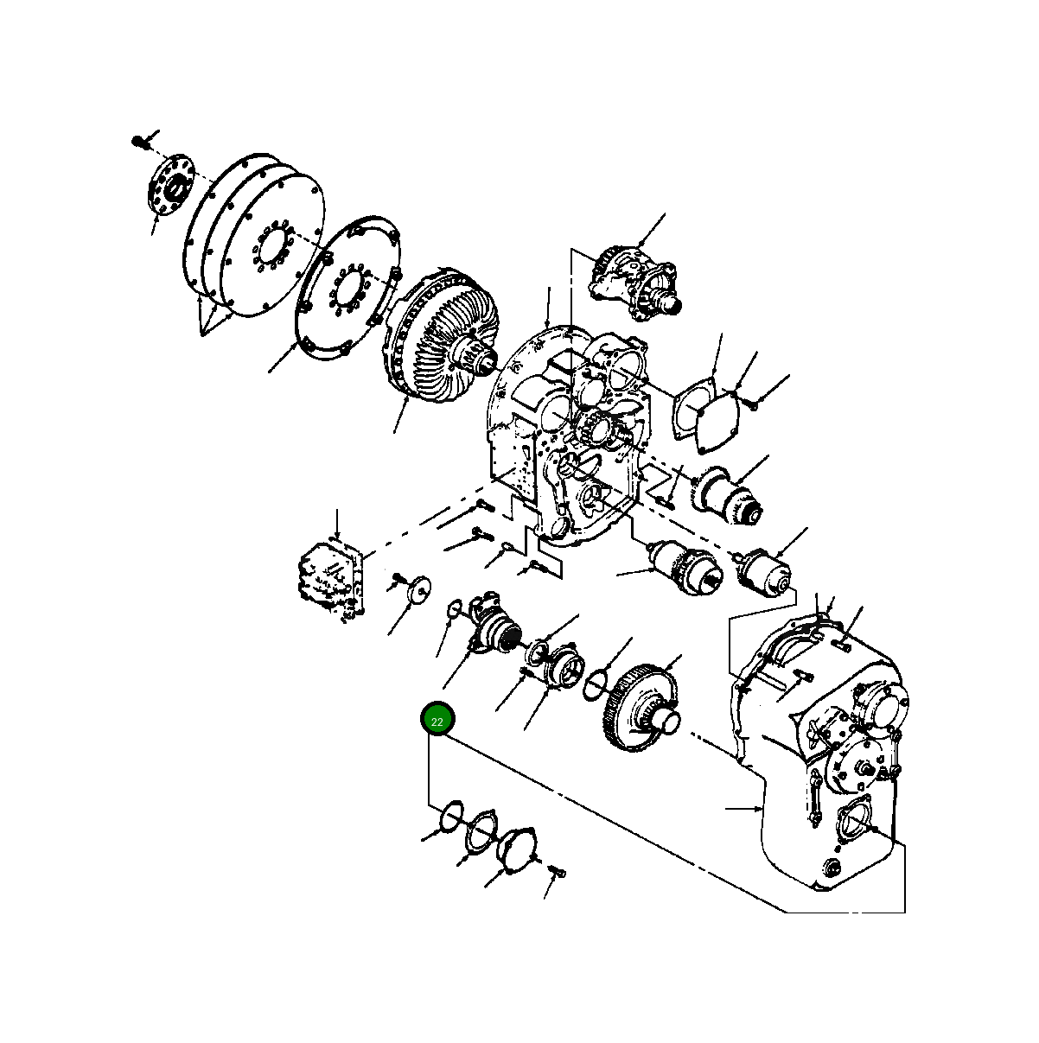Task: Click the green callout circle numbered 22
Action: click(437, 720)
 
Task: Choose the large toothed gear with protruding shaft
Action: click(640, 709)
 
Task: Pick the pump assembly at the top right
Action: click(635, 281)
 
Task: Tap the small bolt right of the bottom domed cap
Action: click(557, 874)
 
